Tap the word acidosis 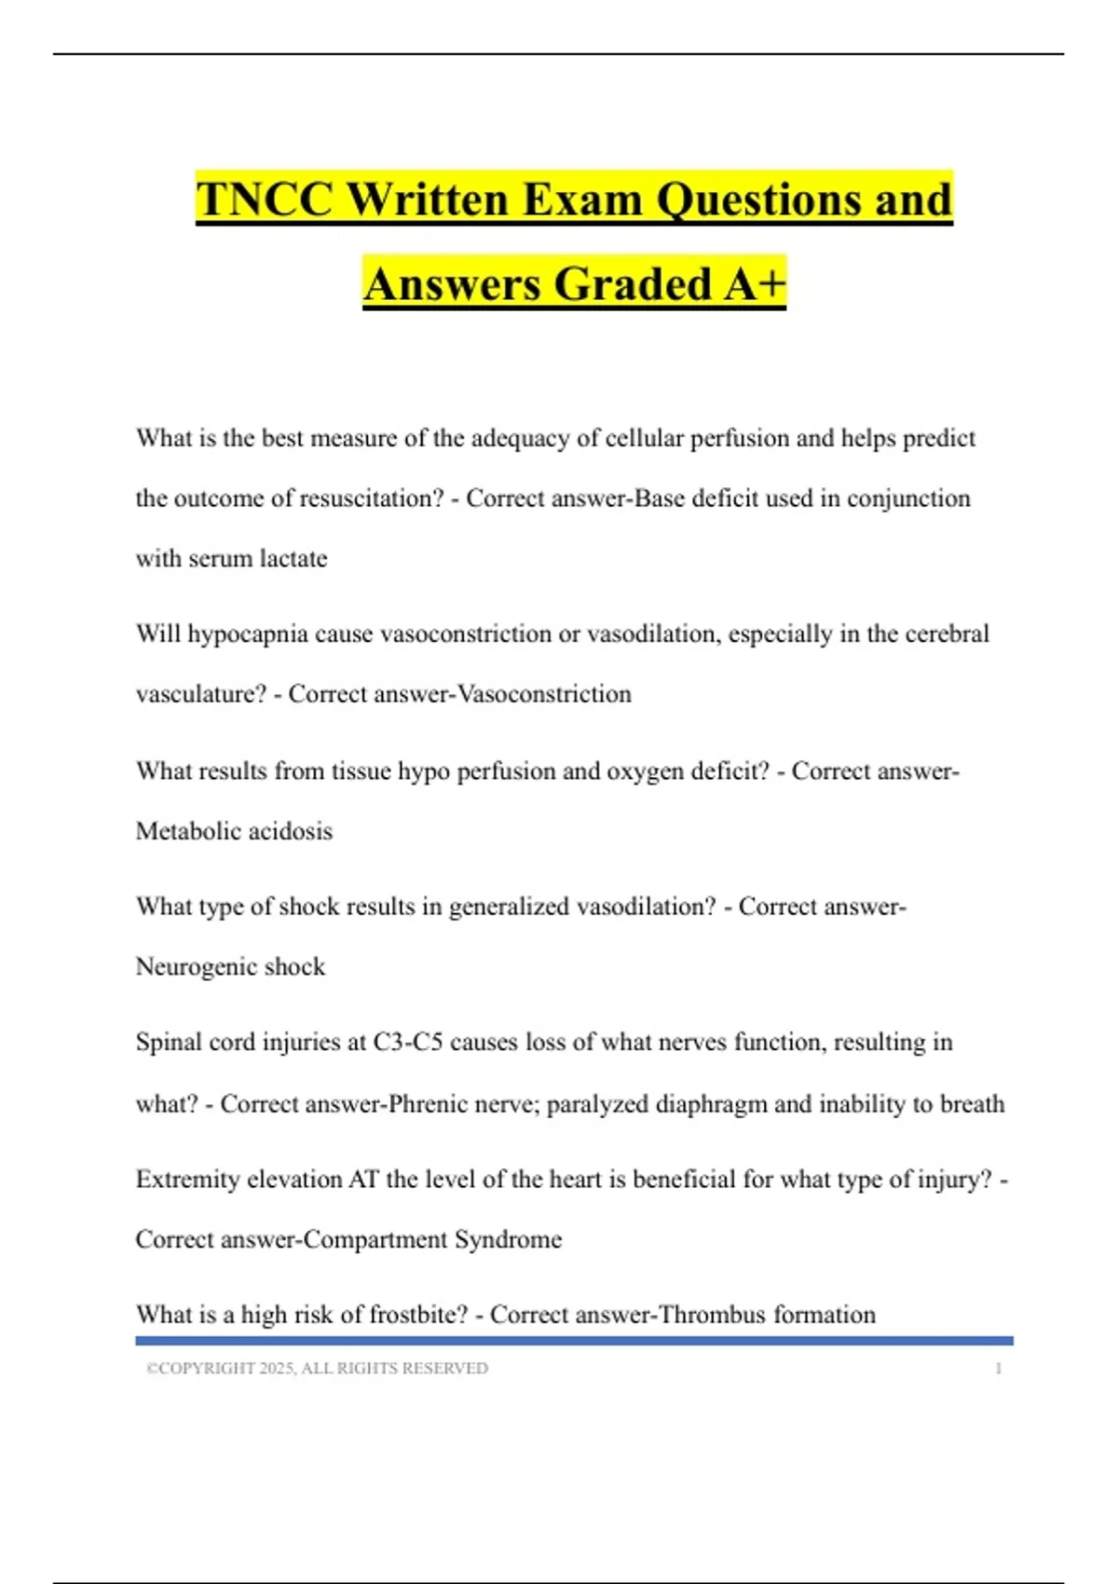click(290, 831)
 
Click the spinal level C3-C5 click(407, 1043)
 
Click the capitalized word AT click(363, 1180)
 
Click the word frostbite click(418, 1315)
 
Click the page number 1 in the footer click(999, 1369)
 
